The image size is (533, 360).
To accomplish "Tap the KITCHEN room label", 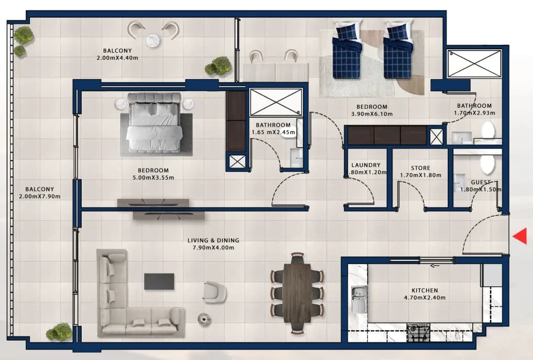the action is point(425,290).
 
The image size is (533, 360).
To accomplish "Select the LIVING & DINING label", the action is point(213,240).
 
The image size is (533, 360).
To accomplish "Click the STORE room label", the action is point(420,168).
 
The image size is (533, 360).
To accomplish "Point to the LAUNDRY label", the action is point(366,165).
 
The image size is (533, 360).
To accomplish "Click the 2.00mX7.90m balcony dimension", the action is point(40,196).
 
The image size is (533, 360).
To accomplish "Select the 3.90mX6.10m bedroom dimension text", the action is point(372,114).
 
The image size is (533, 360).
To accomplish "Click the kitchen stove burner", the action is point(418,332).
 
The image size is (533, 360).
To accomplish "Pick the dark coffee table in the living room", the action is point(159,282).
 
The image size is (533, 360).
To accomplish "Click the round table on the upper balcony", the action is point(153,40).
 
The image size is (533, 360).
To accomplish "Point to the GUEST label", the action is point(481,182).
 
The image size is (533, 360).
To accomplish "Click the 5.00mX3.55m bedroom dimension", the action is point(153,177).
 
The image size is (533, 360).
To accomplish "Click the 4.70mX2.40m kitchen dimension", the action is point(425,298).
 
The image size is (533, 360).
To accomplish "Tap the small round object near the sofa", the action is point(204,319).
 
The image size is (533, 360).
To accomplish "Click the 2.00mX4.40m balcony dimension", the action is point(117,58).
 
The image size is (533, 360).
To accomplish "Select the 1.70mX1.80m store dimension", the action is point(420,175).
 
